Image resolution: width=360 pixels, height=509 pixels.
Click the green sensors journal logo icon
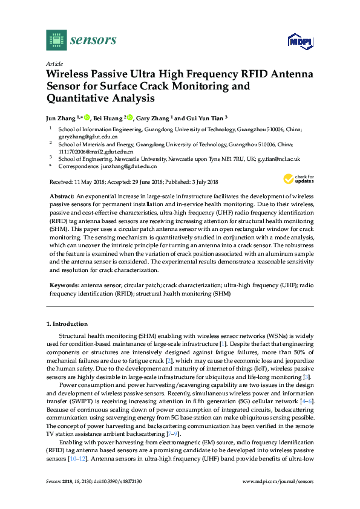click(x=56, y=40)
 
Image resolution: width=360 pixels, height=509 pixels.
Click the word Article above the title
click(x=55, y=63)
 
